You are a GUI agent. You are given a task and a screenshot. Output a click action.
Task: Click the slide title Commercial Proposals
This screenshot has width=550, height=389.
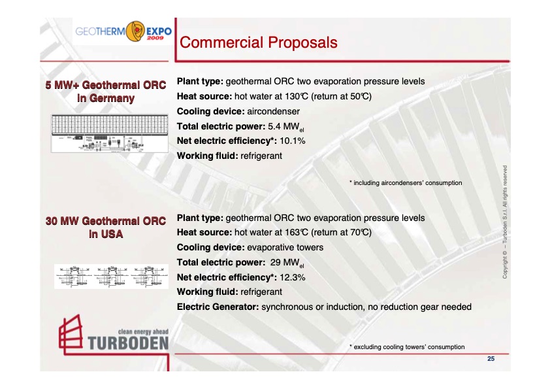[x=258, y=43]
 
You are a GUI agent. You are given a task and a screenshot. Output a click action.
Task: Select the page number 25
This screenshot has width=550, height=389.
[x=491, y=359]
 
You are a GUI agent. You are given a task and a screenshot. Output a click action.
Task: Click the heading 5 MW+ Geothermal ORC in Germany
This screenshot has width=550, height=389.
[x=106, y=92]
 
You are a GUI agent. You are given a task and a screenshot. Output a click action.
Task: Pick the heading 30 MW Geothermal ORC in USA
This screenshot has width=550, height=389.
[x=106, y=227]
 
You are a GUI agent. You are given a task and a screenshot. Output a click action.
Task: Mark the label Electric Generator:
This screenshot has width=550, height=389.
[x=218, y=306]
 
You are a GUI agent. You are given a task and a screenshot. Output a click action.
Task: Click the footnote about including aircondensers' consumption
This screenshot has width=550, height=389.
[x=406, y=182]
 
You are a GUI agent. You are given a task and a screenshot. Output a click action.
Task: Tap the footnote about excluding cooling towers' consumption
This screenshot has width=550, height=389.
[x=408, y=347]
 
